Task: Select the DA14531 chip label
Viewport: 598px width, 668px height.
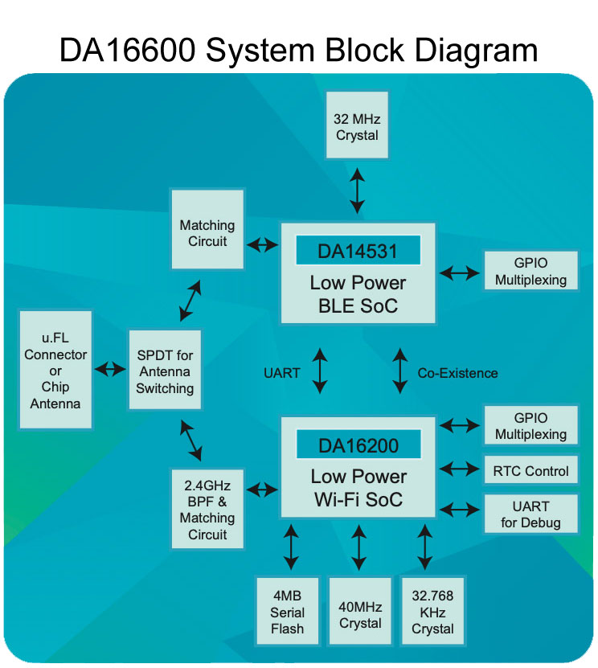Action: [358, 251]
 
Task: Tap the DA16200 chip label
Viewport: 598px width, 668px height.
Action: [358, 445]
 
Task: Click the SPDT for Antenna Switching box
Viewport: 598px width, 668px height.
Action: [165, 371]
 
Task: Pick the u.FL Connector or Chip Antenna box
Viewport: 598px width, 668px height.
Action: [55, 371]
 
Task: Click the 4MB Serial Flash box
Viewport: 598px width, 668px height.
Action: [287, 612]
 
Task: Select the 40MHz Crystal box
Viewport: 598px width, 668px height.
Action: [360, 612]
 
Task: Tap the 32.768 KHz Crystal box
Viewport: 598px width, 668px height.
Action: [432, 612]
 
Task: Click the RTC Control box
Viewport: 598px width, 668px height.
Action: [530, 470]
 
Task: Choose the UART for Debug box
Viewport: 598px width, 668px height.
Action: [530, 514]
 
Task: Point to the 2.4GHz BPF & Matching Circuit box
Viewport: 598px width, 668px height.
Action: [207, 510]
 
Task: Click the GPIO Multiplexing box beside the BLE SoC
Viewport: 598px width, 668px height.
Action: [530, 272]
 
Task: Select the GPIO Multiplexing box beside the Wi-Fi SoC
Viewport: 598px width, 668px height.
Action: [530, 426]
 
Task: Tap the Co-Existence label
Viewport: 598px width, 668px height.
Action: [457, 373]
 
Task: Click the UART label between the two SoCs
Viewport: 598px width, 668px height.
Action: [282, 373]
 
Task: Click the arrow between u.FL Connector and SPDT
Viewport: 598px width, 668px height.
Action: [110, 370]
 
